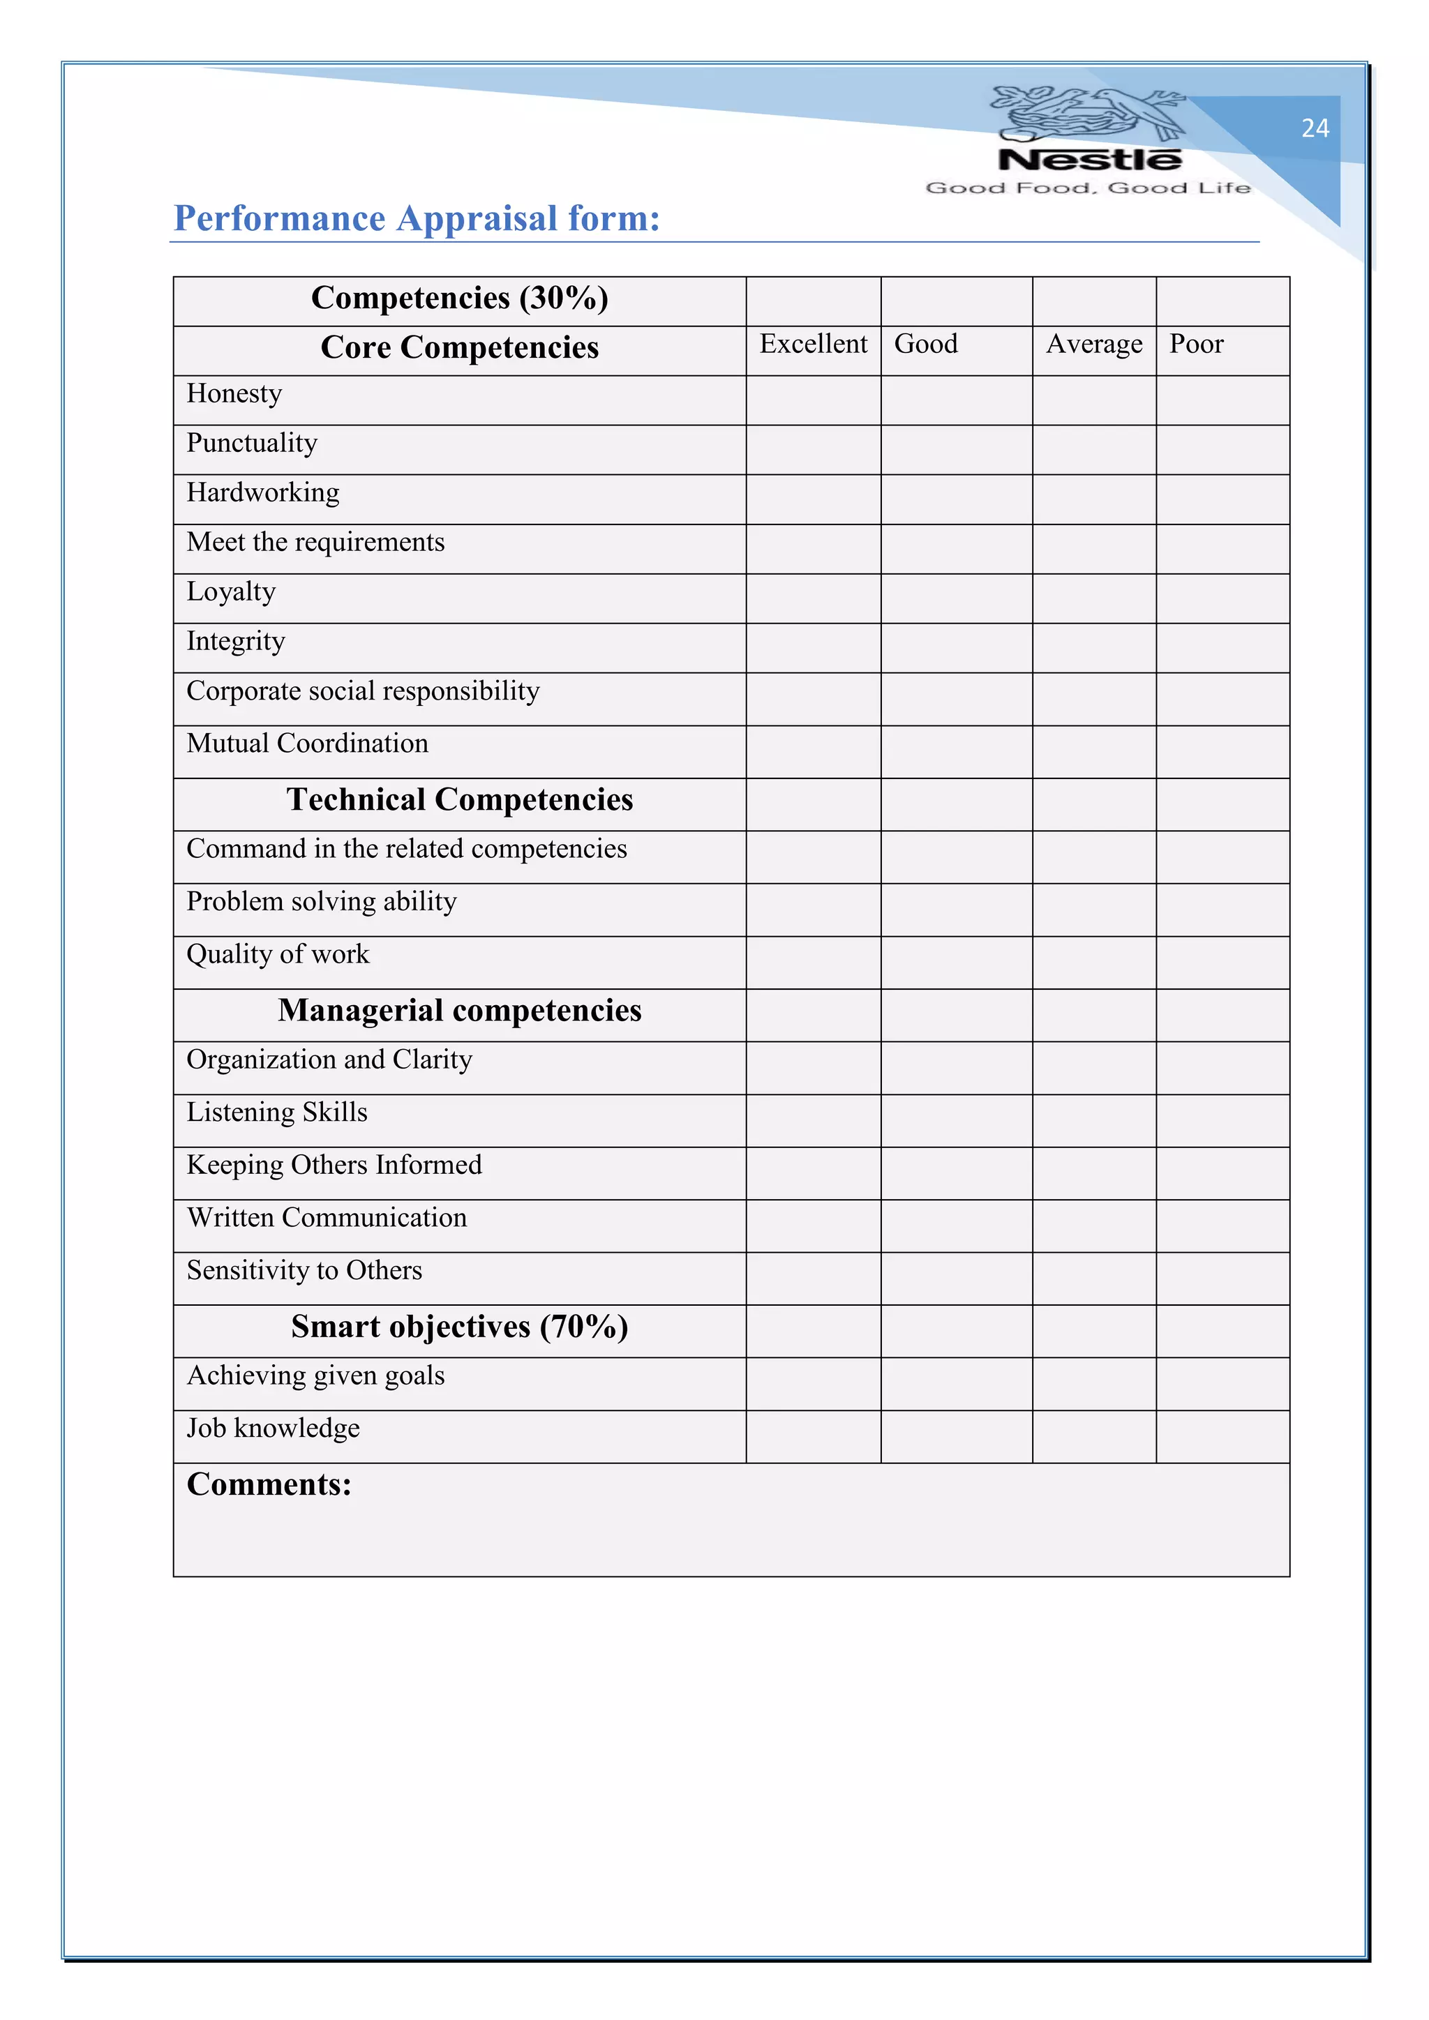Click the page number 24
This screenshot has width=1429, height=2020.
pyautogui.click(x=1315, y=128)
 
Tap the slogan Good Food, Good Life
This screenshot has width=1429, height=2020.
pyautogui.click(x=1088, y=188)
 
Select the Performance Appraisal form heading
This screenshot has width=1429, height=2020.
pyautogui.click(x=416, y=218)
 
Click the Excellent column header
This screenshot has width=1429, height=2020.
pyautogui.click(x=813, y=344)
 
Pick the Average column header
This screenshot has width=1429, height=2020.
pyautogui.click(x=1094, y=344)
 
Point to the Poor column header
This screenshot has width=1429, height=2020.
pyautogui.click(x=1196, y=344)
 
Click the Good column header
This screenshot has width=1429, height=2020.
pyautogui.click(x=926, y=344)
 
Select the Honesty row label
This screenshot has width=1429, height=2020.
pyautogui.click(x=234, y=393)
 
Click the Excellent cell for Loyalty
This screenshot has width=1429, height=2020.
pyautogui.click(x=813, y=598)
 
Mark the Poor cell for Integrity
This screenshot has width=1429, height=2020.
pyautogui.click(x=1222, y=649)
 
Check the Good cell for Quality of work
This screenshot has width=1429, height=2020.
pyautogui.click(x=957, y=963)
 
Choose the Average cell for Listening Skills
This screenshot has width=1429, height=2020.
pyautogui.click(x=1094, y=1120)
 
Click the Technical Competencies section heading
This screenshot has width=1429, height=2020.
pyautogui.click(x=459, y=800)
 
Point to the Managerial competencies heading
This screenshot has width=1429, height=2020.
pyautogui.click(x=459, y=1011)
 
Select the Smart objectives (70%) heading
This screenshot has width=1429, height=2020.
pyautogui.click(x=459, y=1327)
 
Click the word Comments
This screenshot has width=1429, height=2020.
pyautogui.click(x=269, y=1485)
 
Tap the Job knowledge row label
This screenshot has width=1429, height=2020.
pyautogui.click(x=273, y=1428)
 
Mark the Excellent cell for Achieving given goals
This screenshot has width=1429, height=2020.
pyautogui.click(x=813, y=1384)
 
